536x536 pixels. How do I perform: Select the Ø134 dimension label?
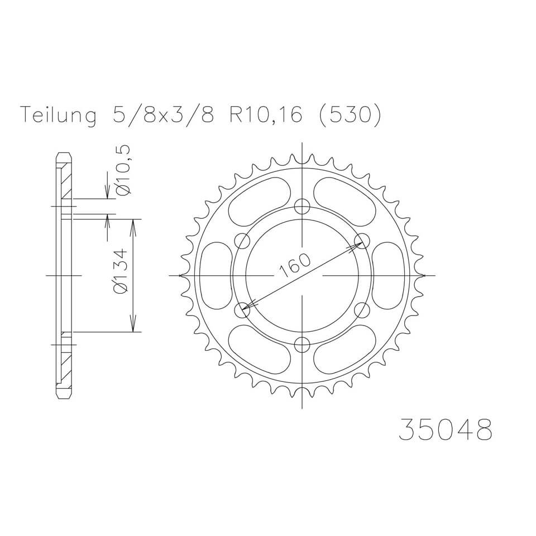121,271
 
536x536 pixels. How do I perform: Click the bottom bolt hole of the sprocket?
302,344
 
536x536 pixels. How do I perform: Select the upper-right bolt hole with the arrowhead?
362,241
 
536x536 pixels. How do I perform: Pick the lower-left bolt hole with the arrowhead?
243,309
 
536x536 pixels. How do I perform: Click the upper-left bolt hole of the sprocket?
242,241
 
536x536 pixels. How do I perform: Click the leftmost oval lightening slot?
216,275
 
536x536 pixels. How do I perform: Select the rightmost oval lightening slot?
389,275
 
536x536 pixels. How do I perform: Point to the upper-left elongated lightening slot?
258,203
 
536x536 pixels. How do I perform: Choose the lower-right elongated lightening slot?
346,348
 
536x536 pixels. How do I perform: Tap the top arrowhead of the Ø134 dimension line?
133,224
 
